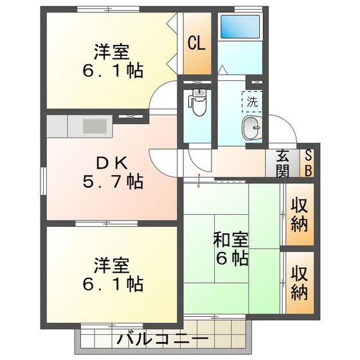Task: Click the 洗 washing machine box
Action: (252, 101)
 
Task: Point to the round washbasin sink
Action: (252, 129)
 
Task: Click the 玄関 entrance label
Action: (283, 163)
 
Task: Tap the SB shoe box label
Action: (308, 163)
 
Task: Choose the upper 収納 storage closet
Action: (299, 215)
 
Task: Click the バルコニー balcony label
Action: (162, 340)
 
